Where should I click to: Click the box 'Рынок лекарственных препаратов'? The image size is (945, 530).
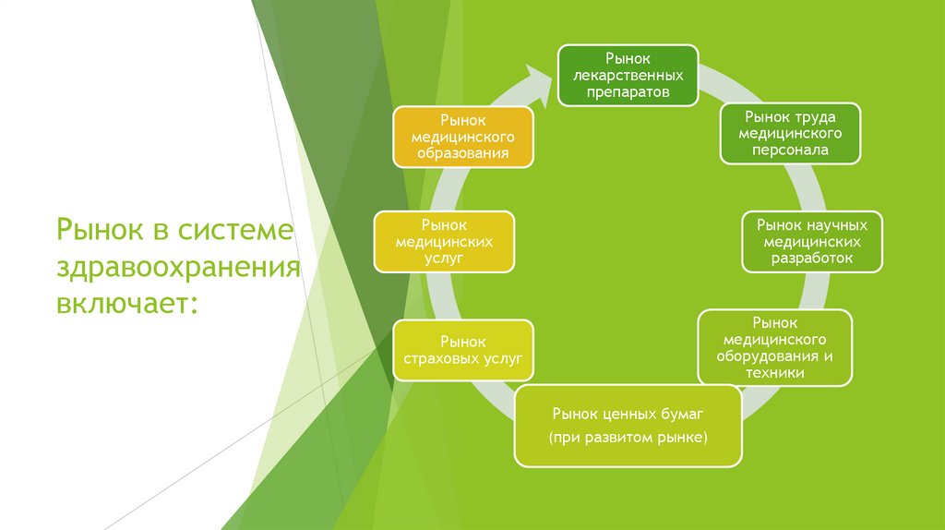628,76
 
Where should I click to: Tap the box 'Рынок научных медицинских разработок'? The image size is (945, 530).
812,241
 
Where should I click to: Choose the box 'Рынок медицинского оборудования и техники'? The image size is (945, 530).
775,347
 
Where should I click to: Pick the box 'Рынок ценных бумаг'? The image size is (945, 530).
628,425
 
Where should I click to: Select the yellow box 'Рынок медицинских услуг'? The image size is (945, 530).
444,242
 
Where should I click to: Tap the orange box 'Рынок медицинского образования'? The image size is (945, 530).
463,137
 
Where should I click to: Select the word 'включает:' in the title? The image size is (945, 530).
127,303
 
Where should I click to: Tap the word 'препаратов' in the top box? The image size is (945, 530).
628,91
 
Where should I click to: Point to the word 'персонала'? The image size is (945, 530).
789,149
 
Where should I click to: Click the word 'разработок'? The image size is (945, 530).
812,258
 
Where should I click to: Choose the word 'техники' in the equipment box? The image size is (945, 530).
775,373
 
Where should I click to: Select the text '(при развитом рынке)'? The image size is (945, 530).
628,436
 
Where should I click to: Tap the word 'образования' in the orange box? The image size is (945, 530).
463,152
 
